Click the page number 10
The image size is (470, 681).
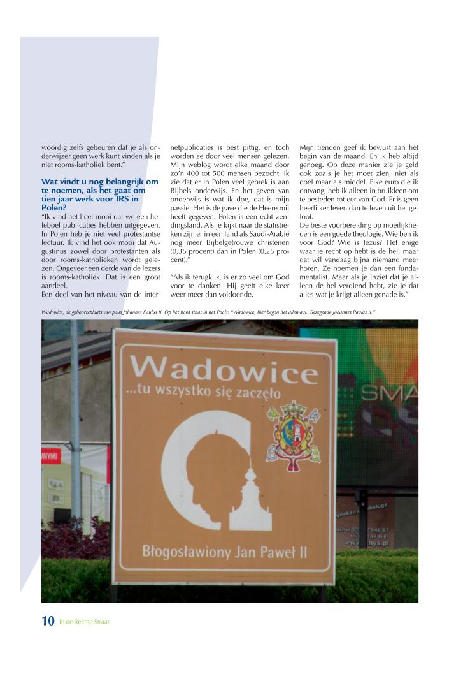tap(48, 621)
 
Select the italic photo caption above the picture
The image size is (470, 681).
tap(208, 312)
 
